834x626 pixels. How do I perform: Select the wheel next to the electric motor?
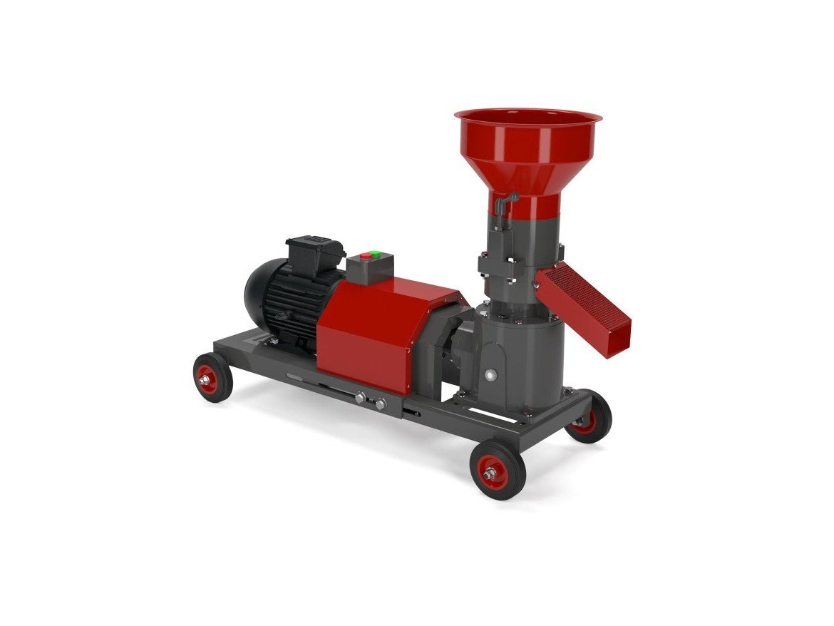coord(213,378)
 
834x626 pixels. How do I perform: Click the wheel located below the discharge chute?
coord(588,417)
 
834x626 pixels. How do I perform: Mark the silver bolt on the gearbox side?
coord(490,374)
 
